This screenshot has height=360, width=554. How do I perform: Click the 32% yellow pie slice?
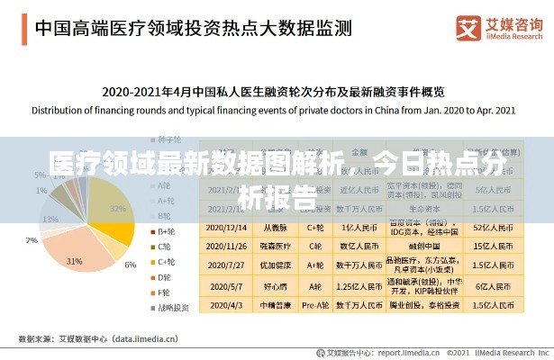coord(112,216)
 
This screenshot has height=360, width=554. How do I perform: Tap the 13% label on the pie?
coord(50,220)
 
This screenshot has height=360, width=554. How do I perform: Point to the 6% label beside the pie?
coord(132,265)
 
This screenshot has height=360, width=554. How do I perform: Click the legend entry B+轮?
coord(166,231)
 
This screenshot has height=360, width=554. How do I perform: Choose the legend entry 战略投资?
coord(171,307)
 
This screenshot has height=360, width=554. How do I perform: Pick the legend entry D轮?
coord(164,276)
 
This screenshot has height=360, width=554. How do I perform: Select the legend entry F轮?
coord(164,292)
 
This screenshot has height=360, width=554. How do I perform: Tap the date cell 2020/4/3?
coord(228,306)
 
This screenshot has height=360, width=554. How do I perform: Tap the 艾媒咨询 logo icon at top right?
coord(468,28)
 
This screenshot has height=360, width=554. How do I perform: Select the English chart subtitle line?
coord(274,111)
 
